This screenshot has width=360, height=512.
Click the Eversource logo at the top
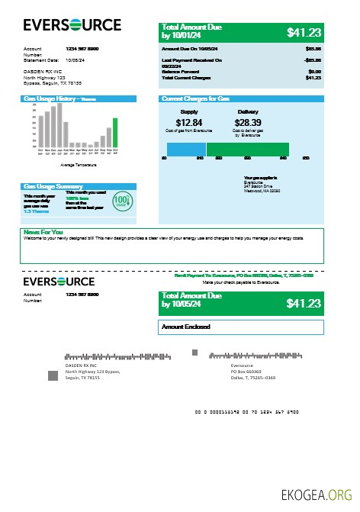point(72,25)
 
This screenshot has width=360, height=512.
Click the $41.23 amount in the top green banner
point(304,32)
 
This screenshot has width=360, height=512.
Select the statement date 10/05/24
point(76,59)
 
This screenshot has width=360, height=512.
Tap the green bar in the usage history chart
point(115,132)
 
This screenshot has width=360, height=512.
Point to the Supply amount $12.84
point(188,123)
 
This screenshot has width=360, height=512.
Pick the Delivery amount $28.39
point(248,123)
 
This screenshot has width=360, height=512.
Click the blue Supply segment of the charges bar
point(185,149)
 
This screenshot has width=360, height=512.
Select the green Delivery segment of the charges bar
point(247,149)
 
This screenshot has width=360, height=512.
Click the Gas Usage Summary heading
point(53,186)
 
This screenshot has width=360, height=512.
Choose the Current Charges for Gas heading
point(196,99)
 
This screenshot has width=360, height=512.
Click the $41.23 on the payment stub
point(304,303)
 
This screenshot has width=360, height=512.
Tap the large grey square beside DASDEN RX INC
point(53,375)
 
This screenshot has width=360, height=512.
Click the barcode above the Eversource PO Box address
point(252,356)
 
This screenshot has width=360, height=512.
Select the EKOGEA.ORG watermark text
point(317,494)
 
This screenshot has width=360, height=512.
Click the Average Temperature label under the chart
point(78,165)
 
